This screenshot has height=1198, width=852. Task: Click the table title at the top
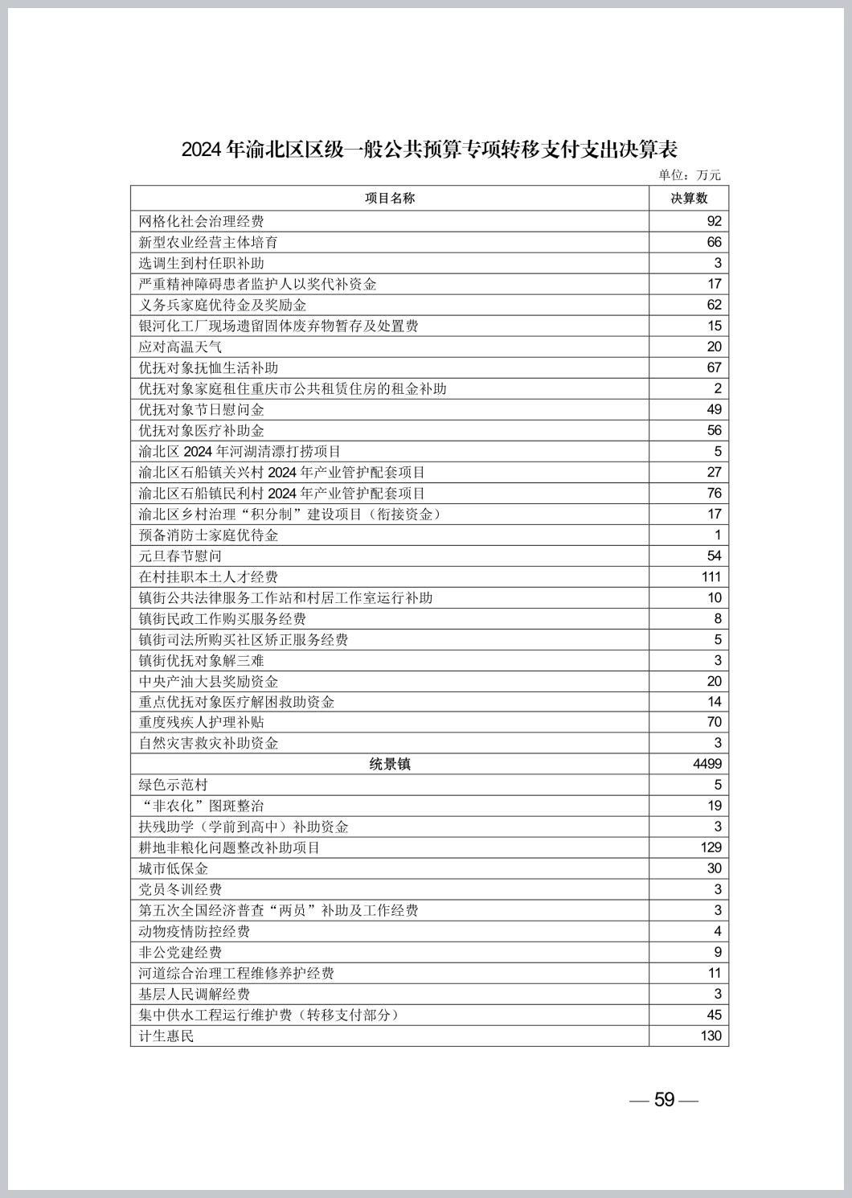tap(429, 149)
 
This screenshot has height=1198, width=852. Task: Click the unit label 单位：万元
tap(690, 174)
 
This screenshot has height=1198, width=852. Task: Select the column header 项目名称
tap(390, 198)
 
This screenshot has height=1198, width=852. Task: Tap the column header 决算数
tap(689, 198)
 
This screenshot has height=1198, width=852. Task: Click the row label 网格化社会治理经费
tap(201, 221)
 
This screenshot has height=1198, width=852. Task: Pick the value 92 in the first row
tap(714, 221)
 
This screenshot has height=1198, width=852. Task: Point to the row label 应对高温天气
tap(180, 347)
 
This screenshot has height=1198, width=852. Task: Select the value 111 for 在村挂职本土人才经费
tap(711, 576)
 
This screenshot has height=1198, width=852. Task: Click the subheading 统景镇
tap(390, 764)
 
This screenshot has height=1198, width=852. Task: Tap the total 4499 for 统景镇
tap(707, 764)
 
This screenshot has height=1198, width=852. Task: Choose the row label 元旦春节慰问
tap(180, 556)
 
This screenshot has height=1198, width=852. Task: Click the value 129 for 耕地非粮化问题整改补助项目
tap(711, 847)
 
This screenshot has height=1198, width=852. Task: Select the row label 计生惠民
tap(166, 1036)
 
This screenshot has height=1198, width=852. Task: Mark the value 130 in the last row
tap(711, 1036)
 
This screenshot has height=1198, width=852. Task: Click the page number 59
tap(664, 1099)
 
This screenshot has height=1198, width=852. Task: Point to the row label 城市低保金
tap(173, 868)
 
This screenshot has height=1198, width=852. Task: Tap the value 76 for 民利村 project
tap(714, 493)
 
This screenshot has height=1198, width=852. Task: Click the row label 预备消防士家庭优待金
tap(208, 535)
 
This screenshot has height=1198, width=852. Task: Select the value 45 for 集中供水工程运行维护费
tap(714, 1015)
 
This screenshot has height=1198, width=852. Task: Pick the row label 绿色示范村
tap(173, 785)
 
